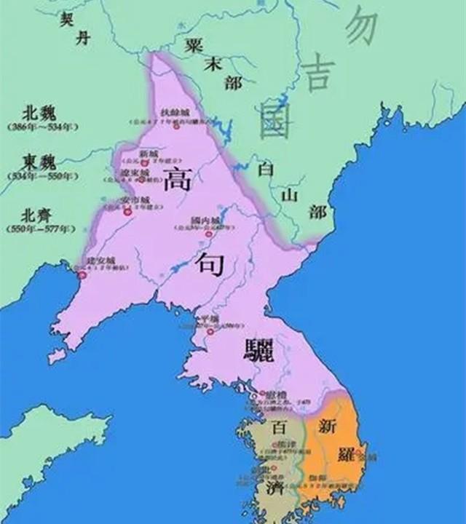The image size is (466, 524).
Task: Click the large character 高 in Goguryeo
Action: (x=177, y=178)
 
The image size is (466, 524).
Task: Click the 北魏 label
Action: (x=40, y=113)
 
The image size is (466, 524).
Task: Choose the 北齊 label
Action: (x=40, y=215)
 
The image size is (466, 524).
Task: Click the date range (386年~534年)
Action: (x=42, y=127)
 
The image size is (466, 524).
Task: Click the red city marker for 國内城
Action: (x=209, y=234)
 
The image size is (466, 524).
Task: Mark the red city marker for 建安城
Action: (x=82, y=275)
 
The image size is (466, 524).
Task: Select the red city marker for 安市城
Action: (x=127, y=209)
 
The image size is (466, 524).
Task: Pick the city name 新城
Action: (x=148, y=154)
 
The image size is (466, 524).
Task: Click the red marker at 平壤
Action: (x=210, y=332)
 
